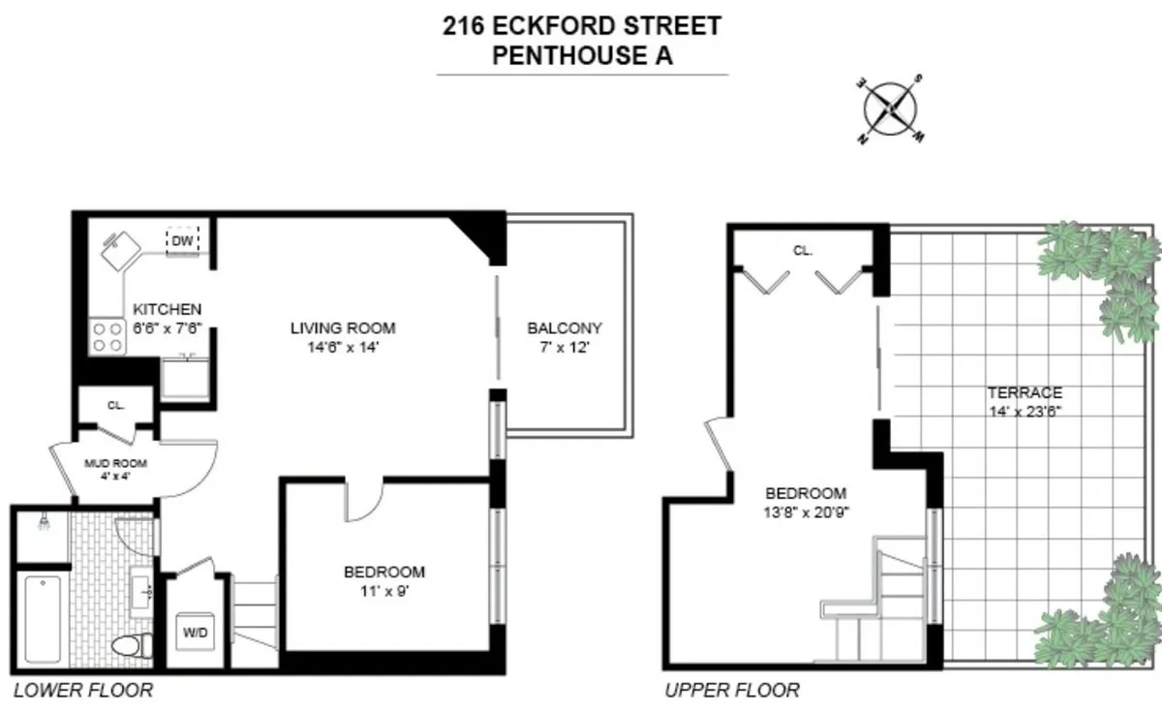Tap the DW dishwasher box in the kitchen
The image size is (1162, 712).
(182, 240)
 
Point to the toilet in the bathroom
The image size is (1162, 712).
(131, 646)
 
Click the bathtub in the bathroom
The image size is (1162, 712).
(41, 619)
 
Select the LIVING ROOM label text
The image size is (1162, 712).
(343, 327)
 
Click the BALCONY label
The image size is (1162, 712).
(565, 327)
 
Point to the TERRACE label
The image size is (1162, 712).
(1024, 392)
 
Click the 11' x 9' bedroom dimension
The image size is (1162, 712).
(383, 590)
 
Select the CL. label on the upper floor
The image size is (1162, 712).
(803, 250)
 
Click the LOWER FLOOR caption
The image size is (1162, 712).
(83, 691)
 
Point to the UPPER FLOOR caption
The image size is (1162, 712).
(732, 691)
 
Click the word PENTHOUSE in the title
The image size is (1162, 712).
(555, 54)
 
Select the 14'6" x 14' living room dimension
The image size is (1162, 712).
(343, 346)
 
